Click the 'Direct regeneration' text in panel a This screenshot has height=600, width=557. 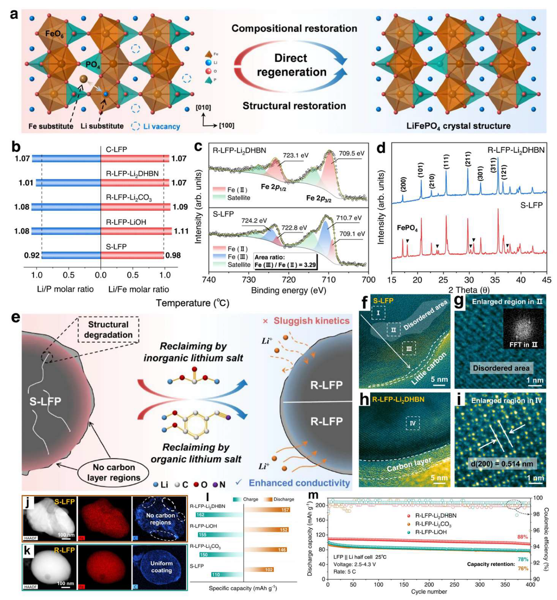pos(291,65)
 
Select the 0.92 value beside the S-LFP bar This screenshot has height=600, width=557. pos(32,255)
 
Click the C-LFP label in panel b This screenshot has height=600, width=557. pos(116,150)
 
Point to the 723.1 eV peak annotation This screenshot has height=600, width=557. pos(295,155)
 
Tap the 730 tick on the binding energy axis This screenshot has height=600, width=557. pos(248,280)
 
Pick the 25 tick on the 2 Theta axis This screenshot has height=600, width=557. pos(443,280)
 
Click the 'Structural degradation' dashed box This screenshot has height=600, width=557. pos(108,330)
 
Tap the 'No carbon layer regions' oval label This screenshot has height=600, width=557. pos(113,472)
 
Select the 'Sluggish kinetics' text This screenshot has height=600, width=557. pos(311,321)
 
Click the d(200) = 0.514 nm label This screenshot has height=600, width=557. pos(501,464)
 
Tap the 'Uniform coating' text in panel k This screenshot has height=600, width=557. pos(161,567)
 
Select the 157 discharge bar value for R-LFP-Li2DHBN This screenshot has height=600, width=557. pos(285,510)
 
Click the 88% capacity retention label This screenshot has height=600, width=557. pos(522,537)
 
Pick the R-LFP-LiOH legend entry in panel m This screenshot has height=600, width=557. pos(430,532)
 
